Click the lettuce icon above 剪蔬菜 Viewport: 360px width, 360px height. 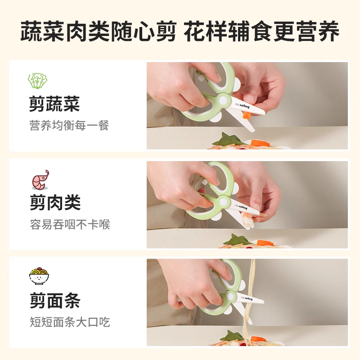38,81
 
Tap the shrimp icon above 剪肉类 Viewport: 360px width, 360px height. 40,180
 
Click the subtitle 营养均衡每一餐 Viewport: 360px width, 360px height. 69,126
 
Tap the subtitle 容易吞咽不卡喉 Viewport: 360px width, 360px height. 69,224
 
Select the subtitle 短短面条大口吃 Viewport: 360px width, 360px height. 69,322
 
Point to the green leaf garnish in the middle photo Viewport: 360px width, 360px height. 236,240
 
